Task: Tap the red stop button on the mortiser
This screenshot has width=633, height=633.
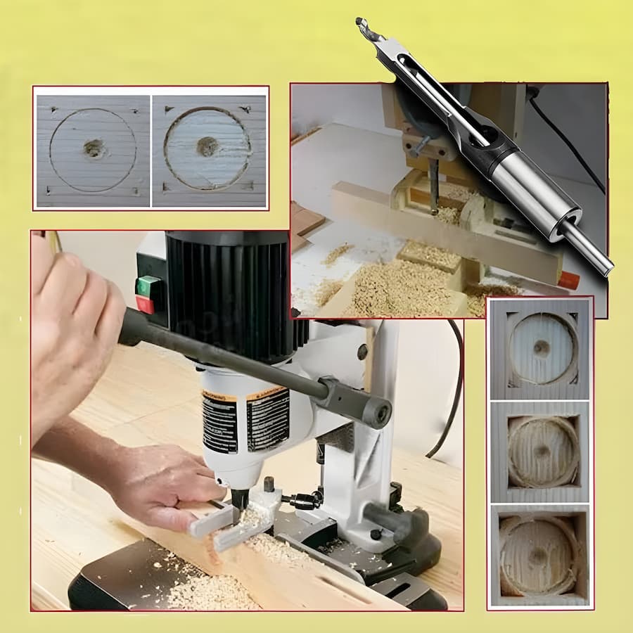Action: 146,305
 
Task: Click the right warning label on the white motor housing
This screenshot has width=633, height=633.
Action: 267,420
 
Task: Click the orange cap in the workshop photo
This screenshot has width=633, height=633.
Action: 568,281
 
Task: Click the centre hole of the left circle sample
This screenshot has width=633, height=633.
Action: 94,148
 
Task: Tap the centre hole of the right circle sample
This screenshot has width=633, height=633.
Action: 207,146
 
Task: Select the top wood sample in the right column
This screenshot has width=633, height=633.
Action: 540,348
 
